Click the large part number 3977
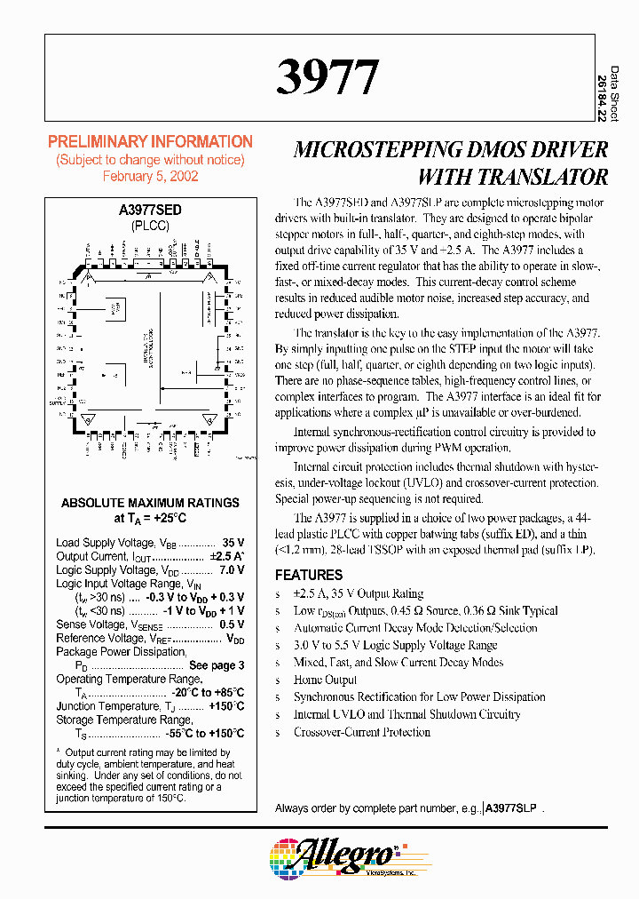coord(327,77)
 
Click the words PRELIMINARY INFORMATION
coord(150,142)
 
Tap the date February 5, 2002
coord(150,176)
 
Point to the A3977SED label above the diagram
coord(150,211)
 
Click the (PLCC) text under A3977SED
coord(150,227)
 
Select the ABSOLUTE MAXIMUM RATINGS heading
coord(150,503)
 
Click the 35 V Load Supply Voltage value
coord(233,543)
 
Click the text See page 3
coord(217,665)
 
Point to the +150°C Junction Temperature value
coord(225,706)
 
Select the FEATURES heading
coord(308,575)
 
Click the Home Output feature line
coord(325,680)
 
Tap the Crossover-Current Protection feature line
coord(361,732)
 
